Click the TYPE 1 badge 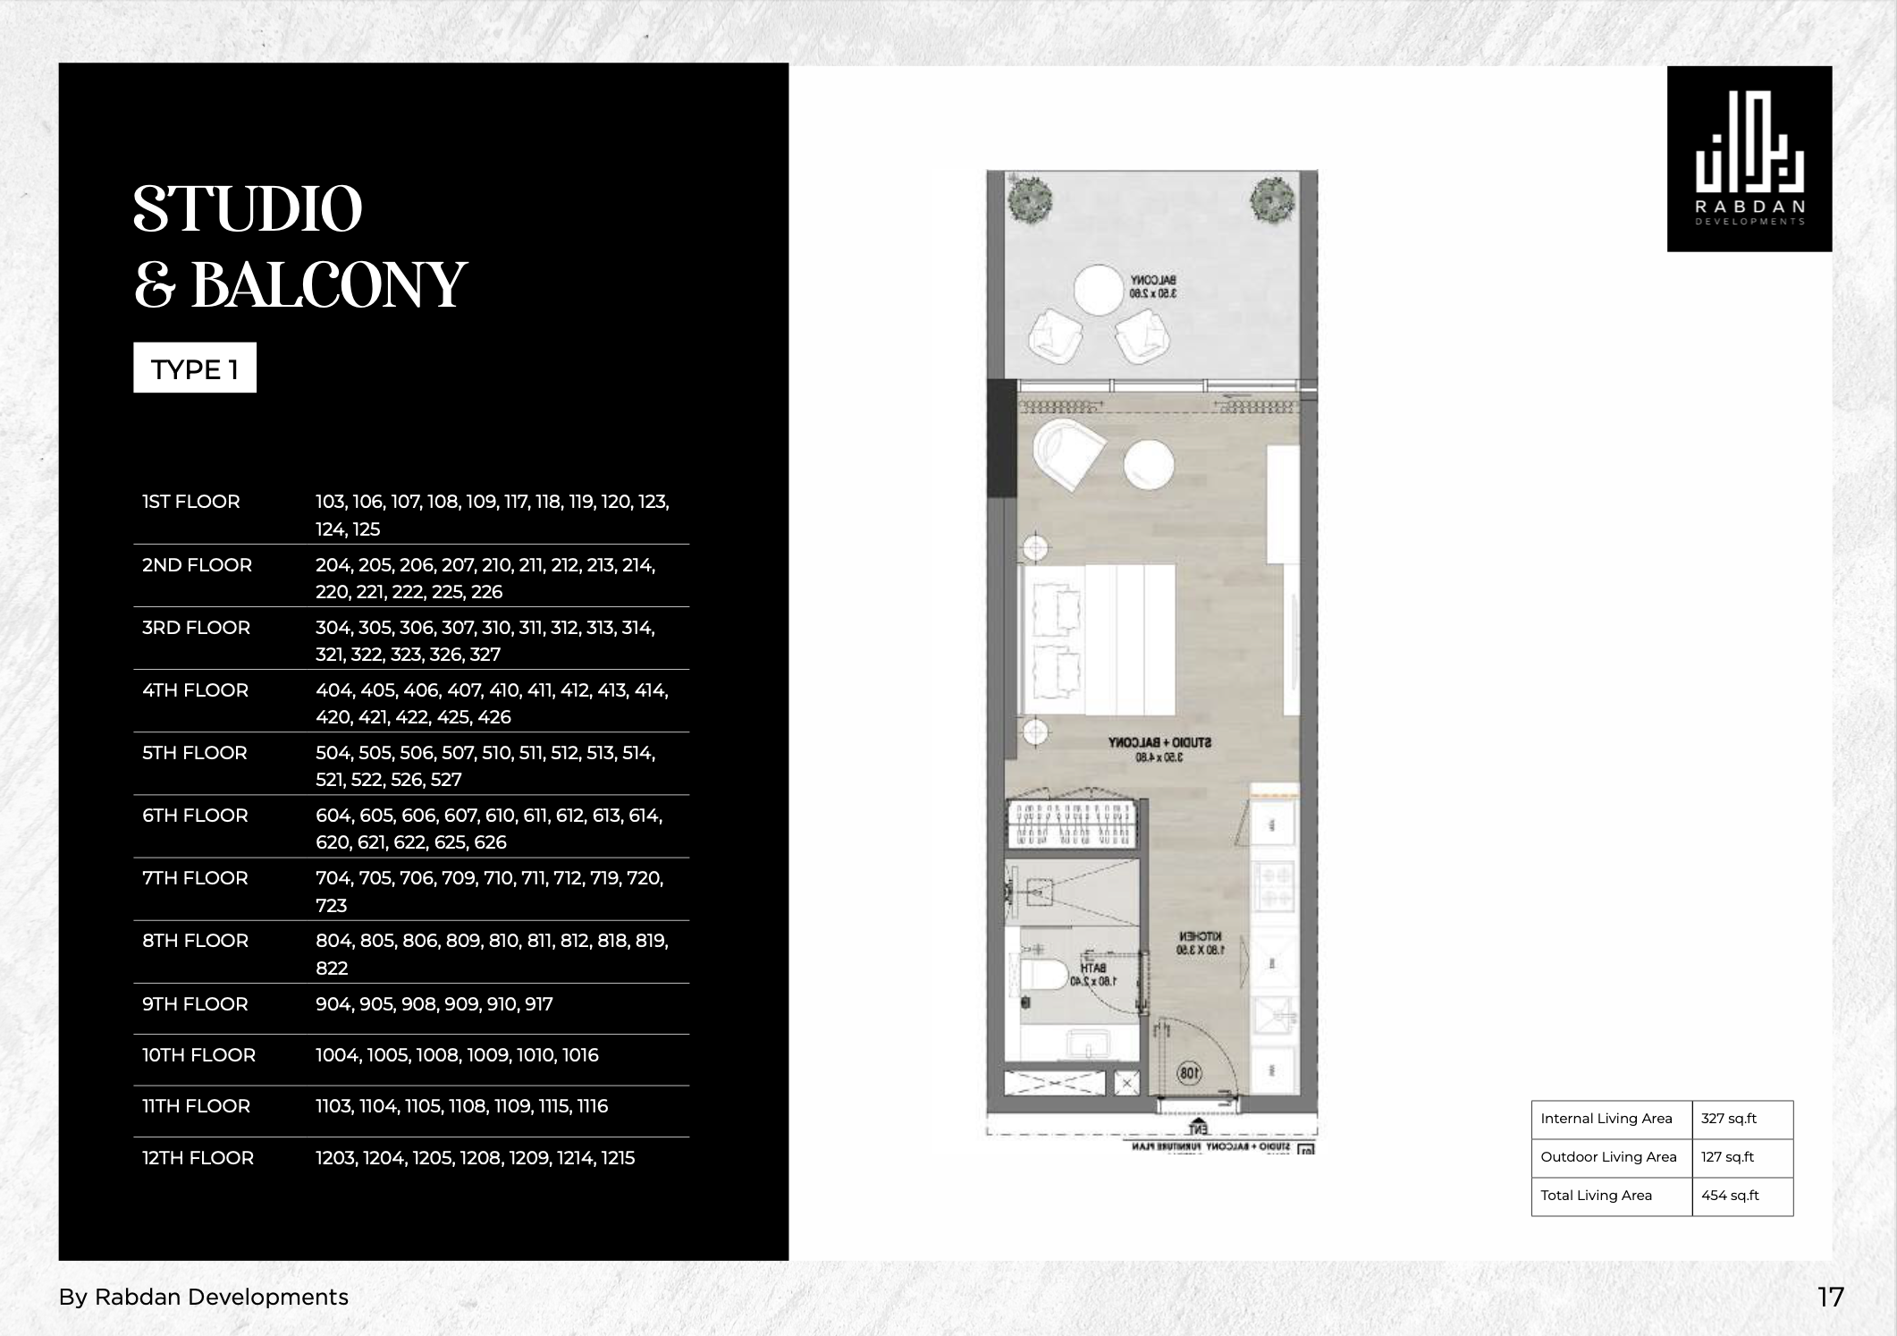coord(195,368)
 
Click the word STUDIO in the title coord(248,211)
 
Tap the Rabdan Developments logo coord(1749,159)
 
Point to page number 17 coord(1830,1298)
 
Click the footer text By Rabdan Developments coord(204,1298)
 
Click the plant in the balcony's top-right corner coord(1272,198)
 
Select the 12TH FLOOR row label coord(198,1158)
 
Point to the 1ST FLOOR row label coord(191,502)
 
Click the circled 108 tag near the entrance coord(1189,1073)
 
